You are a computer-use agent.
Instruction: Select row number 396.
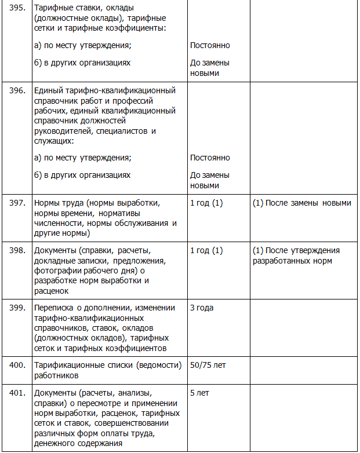(17, 90)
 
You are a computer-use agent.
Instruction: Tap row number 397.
(17, 203)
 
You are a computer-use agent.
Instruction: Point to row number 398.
(17, 251)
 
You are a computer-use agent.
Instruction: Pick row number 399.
(17, 308)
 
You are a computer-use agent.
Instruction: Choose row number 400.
(17, 365)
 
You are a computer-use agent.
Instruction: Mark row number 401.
(17, 393)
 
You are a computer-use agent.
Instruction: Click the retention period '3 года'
(202, 308)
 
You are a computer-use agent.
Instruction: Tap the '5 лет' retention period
(200, 393)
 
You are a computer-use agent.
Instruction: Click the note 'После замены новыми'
(302, 203)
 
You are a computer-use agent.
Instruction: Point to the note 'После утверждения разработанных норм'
(296, 255)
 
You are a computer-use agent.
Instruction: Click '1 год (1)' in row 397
(206, 203)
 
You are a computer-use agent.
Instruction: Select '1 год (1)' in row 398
(206, 251)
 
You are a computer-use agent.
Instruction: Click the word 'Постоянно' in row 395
(210, 45)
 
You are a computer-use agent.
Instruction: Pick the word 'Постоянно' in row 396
(210, 158)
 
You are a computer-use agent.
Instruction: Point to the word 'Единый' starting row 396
(48, 90)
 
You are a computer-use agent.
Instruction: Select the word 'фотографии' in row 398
(56, 270)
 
